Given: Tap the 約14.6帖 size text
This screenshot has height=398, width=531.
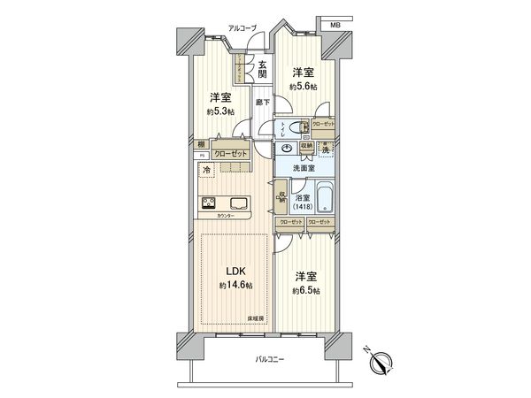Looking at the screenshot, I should click(235, 286).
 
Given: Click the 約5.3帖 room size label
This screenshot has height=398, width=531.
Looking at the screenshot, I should click(221, 112).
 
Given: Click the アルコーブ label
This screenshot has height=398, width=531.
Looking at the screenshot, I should click(242, 29).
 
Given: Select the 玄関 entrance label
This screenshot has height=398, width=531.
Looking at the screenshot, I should click(264, 69).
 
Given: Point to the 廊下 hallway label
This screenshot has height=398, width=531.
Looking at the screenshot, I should click(262, 103).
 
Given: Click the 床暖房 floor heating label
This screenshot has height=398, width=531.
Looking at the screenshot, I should click(255, 316).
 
